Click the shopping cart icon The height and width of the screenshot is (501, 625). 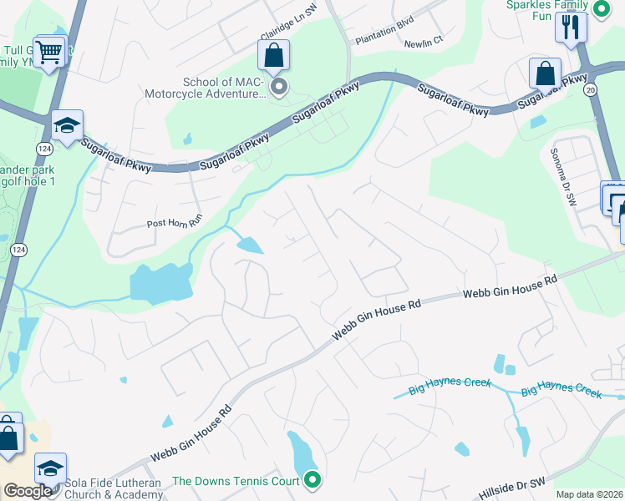click(50, 53)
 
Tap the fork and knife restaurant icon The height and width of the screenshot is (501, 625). click(572, 25)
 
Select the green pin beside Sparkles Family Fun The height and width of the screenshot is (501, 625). click(602, 8)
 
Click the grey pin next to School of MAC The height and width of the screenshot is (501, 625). click(280, 86)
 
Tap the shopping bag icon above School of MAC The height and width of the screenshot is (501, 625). click(274, 57)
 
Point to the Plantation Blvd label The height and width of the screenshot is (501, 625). click(384, 39)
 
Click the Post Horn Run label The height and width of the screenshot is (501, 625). click(175, 223)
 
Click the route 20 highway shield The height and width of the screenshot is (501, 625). click(592, 89)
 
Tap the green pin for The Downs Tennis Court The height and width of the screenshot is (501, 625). click(312, 479)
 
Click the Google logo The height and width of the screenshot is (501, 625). click(28, 490)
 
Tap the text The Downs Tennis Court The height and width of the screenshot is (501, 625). click(236, 480)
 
